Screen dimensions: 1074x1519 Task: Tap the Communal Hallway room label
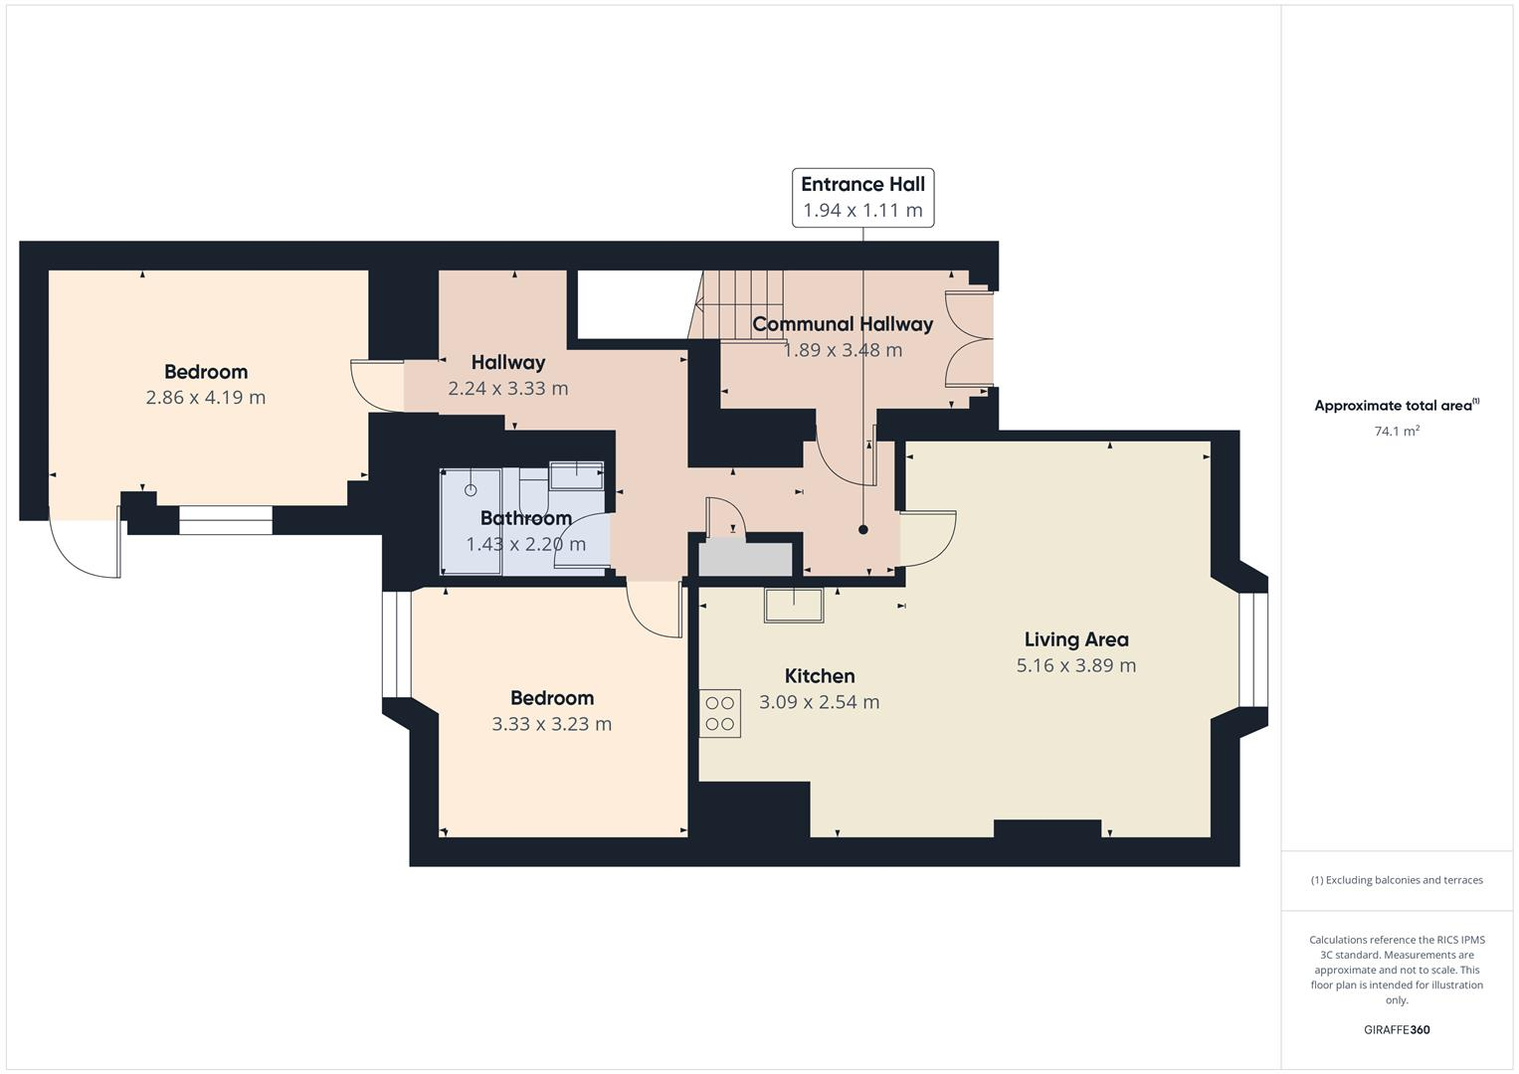(x=843, y=324)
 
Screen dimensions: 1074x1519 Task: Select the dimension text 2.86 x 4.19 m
(x=206, y=398)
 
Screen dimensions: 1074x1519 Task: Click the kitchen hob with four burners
(x=720, y=713)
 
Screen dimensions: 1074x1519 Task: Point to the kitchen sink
(x=794, y=605)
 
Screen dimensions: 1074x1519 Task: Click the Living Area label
(x=1076, y=639)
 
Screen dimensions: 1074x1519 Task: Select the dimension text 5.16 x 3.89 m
(x=1076, y=665)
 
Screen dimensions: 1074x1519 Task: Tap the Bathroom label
(x=525, y=518)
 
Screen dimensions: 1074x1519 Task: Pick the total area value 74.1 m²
(x=1397, y=432)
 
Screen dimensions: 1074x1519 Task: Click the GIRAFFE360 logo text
(x=1397, y=1030)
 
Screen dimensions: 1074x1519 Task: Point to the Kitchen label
(x=820, y=676)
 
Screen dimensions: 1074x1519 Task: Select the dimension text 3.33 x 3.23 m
(x=552, y=724)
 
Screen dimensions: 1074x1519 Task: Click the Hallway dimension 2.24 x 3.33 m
(x=508, y=389)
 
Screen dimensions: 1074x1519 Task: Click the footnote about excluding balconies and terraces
(x=1397, y=880)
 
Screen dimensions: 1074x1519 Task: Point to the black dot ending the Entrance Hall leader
(x=863, y=530)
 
